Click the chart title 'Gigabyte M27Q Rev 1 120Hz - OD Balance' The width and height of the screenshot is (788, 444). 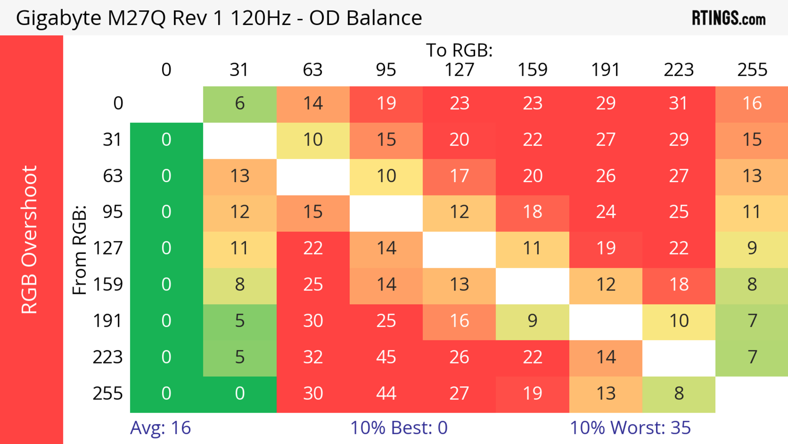pyautogui.click(x=219, y=18)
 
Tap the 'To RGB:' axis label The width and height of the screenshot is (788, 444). pyautogui.click(x=459, y=50)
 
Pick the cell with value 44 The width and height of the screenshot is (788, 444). pyautogui.click(x=386, y=393)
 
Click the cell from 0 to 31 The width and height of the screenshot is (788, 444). pyautogui.click(x=239, y=103)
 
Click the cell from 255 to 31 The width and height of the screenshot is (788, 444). pyautogui.click(x=239, y=393)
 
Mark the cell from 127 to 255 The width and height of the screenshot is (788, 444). pyautogui.click(x=752, y=248)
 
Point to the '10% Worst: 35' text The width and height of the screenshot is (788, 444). pyautogui.click(x=630, y=428)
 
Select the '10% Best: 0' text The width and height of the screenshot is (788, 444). pyautogui.click(x=399, y=428)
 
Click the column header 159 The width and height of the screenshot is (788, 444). pyautogui.click(x=532, y=70)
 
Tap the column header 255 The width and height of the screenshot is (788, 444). pyautogui.click(x=752, y=70)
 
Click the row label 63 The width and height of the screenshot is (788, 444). pyautogui.click(x=113, y=176)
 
